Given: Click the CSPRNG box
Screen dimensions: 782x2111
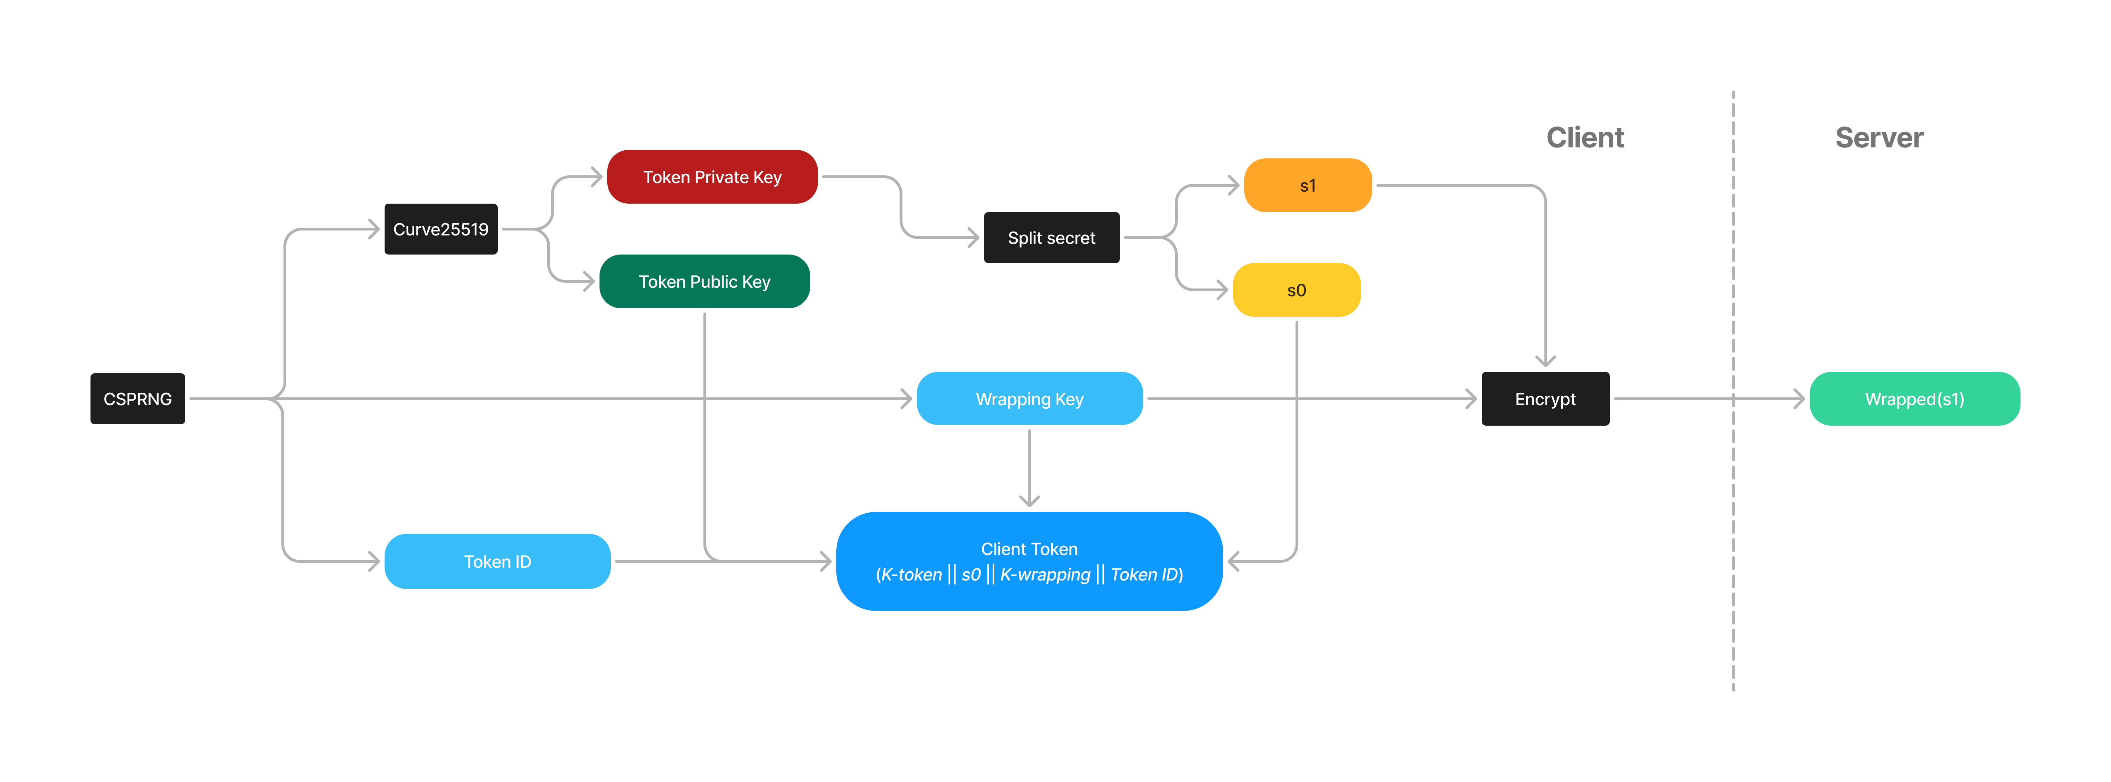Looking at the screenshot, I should tap(138, 399).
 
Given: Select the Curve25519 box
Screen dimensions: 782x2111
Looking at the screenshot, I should tap(441, 229).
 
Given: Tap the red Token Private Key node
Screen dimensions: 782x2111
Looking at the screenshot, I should tap(712, 177).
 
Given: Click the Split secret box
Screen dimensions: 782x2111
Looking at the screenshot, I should tap(1051, 238).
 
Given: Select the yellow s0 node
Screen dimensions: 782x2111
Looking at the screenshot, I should tap(1297, 290).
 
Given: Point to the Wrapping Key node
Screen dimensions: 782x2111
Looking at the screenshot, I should tap(1029, 399).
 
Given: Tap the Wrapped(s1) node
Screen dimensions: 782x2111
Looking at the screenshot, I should tap(1914, 399).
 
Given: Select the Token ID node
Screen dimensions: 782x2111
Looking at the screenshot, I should tap(497, 561).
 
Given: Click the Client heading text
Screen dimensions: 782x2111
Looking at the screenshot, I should tap(1585, 138).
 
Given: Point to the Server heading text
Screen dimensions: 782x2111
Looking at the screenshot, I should tap(1879, 138).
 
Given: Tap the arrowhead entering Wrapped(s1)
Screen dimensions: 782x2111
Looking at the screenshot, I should tap(1800, 399).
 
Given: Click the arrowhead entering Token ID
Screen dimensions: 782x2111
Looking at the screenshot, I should tap(374, 561).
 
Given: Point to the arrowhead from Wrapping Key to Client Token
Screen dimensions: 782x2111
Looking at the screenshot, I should tap(1029, 501).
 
